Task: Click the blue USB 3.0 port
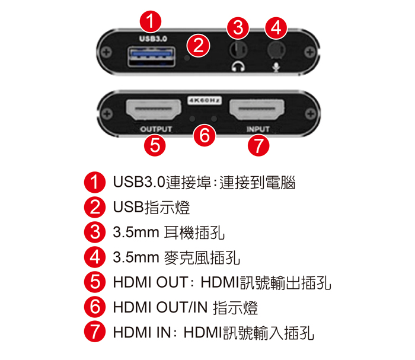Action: tap(151, 56)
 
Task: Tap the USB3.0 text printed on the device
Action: tap(153, 39)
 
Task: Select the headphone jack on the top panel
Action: tap(238, 49)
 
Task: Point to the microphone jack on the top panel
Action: tap(276, 49)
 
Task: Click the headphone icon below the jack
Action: tap(238, 66)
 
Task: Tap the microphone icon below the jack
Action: tap(276, 67)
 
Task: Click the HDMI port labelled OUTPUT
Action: tap(154, 109)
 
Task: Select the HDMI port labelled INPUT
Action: tap(257, 109)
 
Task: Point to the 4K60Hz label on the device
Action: tap(205, 101)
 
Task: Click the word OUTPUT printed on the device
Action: tap(156, 129)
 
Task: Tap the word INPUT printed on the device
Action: tap(258, 129)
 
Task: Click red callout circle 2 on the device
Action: tap(198, 45)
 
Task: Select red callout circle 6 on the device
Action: tap(205, 135)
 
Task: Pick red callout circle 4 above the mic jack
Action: tap(276, 27)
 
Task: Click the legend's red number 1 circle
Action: tap(95, 182)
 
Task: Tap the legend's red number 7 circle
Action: tap(95, 332)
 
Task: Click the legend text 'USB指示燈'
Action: tap(151, 207)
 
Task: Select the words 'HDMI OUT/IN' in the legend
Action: tap(160, 307)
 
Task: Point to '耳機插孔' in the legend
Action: tap(194, 232)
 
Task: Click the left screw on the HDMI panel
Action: tap(107, 114)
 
